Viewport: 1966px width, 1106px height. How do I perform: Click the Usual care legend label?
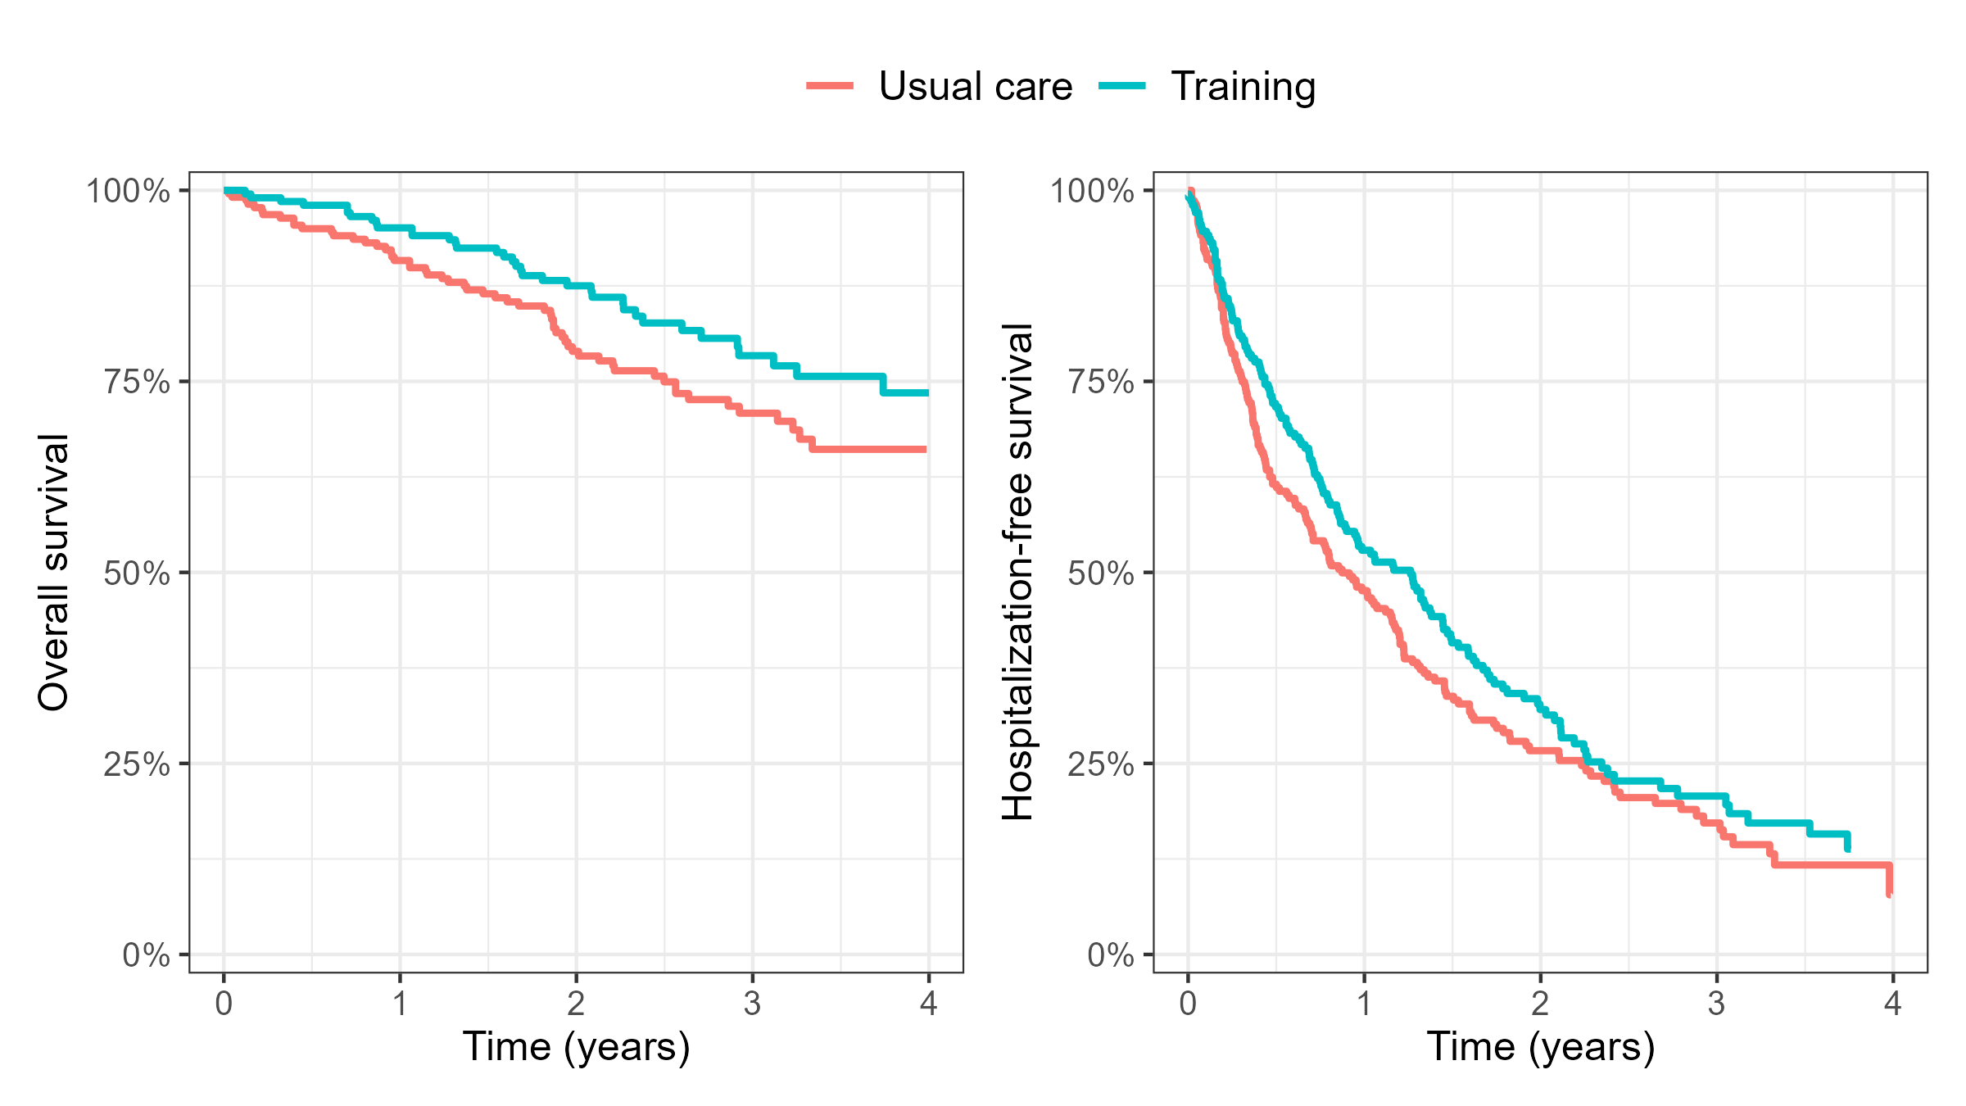pyautogui.click(x=975, y=86)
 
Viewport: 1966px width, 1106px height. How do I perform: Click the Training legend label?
pyautogui.click(x=1243, y=86)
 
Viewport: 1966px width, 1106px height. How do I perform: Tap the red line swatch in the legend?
pyautogui.click(x=830, y=86)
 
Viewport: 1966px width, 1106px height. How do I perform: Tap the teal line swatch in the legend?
pyautogui.click(x=1121, y=86)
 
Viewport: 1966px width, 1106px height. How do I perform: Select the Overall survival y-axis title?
pyautogui.click(x=53, y=572)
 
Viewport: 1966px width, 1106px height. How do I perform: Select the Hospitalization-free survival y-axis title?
pyautogui.click(x=1018, y=572)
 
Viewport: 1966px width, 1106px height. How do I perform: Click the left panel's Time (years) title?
pyautogui.click(x=576, y=1046)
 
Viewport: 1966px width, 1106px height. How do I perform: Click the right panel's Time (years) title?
pyautogui.click(x=1540, y=1046)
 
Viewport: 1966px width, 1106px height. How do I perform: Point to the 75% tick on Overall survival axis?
pyautogui.click(x=136, y=382)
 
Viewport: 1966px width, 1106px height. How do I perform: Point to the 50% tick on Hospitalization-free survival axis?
pyautogui.click(x=1100, y=573)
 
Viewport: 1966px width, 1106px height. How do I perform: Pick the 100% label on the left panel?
pyautogui.click(x=128, y=191)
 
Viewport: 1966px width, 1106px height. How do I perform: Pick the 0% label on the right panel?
pyautogui.click(x=1110, y=955)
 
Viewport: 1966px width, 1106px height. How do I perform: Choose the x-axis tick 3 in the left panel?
pyautogui.click(x=752, y=1004)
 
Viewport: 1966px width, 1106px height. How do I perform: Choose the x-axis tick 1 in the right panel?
pyautogui.click(x=1364, y=1004)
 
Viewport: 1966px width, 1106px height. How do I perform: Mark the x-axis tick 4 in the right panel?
pyautogui.click(x=1892, y=1004)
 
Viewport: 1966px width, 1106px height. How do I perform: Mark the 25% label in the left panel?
pyautogui.click(x=136, y=764)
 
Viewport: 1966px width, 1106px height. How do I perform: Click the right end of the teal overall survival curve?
pyautogui.click(x=926, y=393)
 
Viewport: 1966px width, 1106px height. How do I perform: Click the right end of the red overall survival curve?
pyautogui.click(x=925, y=449)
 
